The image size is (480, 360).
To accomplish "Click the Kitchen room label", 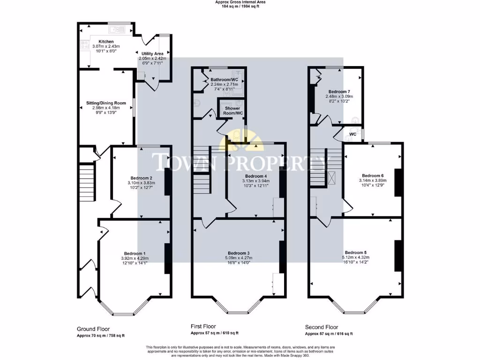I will click(106, 42).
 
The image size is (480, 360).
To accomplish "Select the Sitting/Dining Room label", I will click(106, 103).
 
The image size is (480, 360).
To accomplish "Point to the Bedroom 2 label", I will click(141, 178).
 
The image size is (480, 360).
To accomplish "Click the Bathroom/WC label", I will click(224, 80).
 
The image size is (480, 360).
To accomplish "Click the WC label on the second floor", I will click(353, 134).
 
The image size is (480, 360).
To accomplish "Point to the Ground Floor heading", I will click(93, 329).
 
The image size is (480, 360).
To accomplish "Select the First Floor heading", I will click(203, 326).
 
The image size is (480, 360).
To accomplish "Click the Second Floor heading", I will click(322, 327).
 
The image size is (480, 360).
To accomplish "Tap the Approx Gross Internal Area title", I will click(240, 2).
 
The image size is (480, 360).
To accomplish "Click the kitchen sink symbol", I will click(116, 30).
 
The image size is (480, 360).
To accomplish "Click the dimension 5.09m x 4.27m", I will click(239, 257).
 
